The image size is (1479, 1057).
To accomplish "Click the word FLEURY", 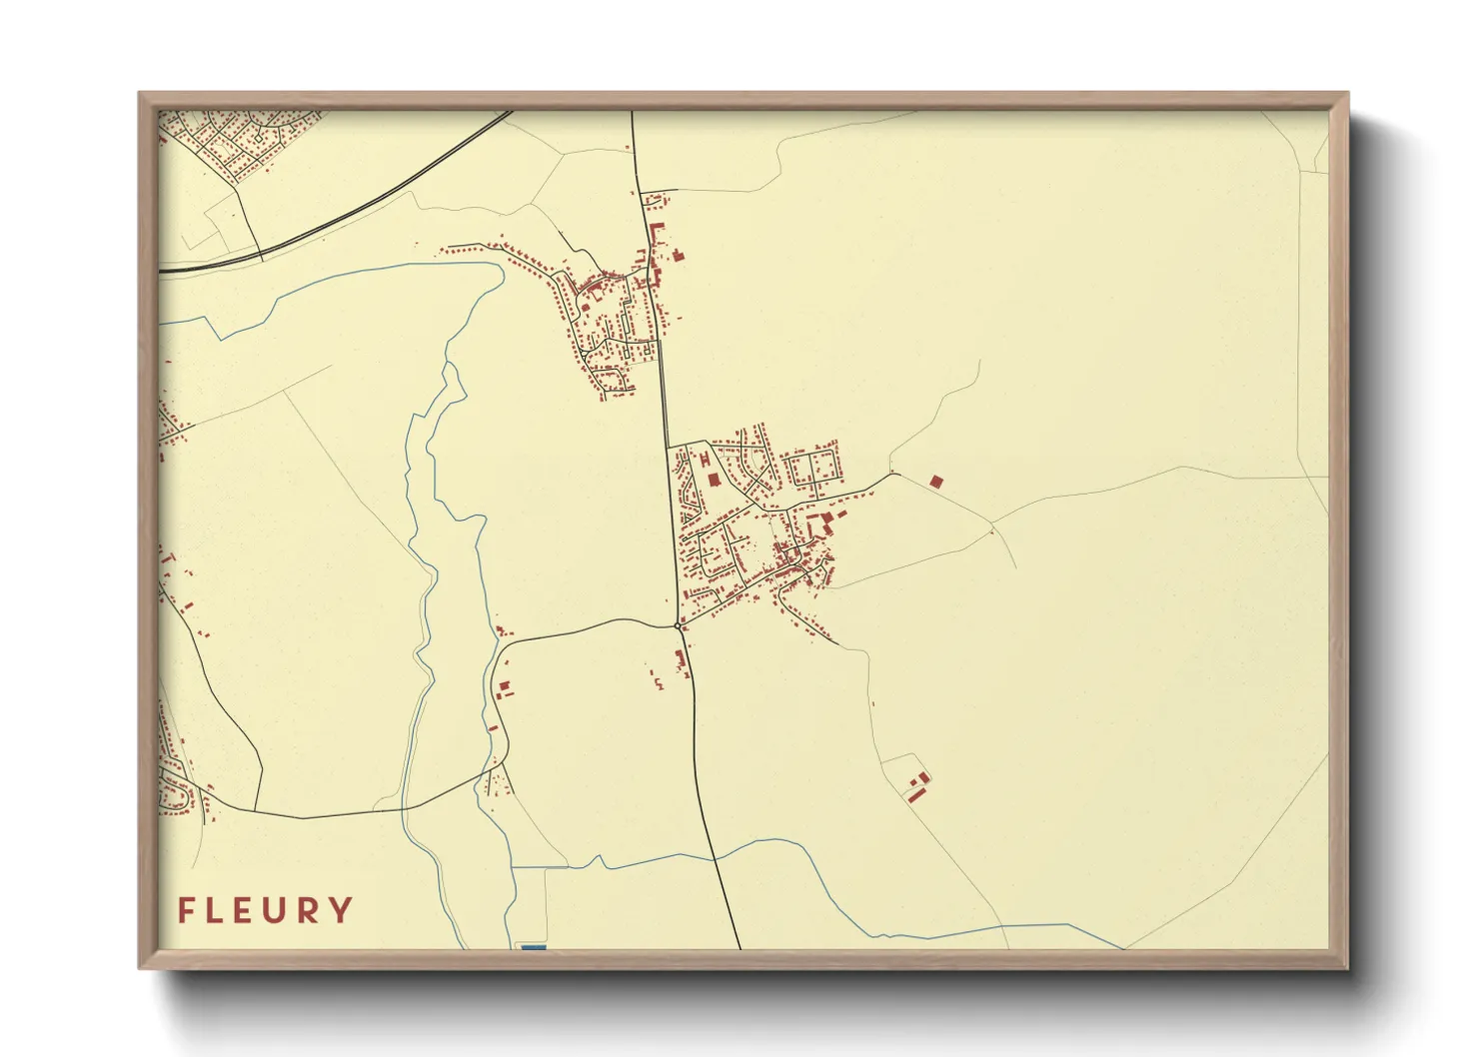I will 265,910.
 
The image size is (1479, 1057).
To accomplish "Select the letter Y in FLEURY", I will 342,910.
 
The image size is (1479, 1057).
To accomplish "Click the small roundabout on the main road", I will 679,625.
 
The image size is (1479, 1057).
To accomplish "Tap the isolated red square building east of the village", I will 935,482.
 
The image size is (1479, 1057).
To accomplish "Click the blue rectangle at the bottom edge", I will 534,946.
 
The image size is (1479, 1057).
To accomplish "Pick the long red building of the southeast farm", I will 914,793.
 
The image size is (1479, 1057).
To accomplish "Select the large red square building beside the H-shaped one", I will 714,481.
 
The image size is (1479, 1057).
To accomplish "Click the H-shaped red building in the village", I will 705,459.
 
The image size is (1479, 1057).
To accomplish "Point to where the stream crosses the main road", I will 715,857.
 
